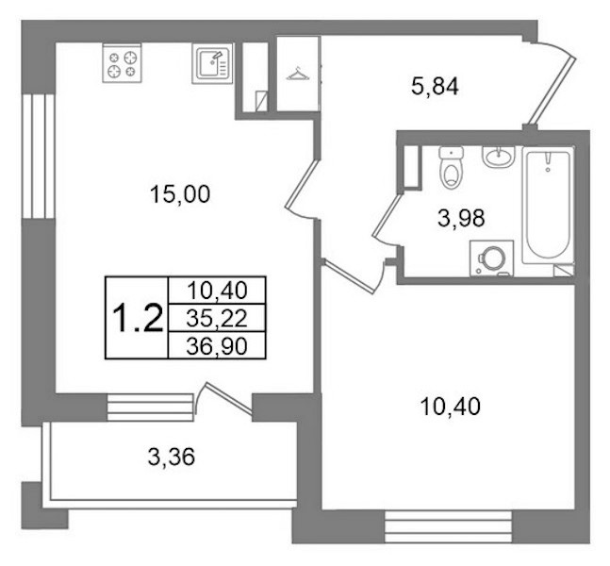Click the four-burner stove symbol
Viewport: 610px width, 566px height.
pyautogui.click(x=122, y=62)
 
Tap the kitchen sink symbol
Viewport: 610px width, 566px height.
pyautogui.click(x=212, y=63)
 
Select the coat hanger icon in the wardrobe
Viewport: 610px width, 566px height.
pyautogui.click(x=298, y=74)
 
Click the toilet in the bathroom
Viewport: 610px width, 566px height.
pyautogui.click(x=452, y=167)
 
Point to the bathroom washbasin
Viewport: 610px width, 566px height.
pyautogui.click(x=499, y=157)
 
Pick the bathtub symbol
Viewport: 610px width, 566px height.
pyautogui.click(x=548, y=206)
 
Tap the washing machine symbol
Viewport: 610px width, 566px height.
pyautogui.click(x=492, y=258)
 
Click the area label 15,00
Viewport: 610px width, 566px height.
pyautogui.click(x=180, y=194)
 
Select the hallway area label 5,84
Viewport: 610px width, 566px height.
pyautogui.click(x=435, y=87)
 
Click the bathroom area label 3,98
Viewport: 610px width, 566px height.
pyautogui.click(x=461, y=218)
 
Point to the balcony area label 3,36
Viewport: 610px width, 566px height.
pyautogui.click(x=172, y=457)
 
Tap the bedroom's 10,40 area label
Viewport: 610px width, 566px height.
pyautogui.click(x=451, y=407)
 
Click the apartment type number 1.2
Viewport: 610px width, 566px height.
pyautogui.click(x=137, y=318)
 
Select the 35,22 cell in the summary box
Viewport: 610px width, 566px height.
pyautogui.click(x=217, y=319)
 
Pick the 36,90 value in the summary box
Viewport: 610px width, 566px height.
pyautogui.click(x=217, y=345)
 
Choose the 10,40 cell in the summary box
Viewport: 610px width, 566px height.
pyautogui.click(x=217, y=291)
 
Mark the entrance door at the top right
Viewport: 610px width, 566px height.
pyautogui.click(x=550, y=92)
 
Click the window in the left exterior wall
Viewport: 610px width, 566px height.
pyautogui.click(x=38, y=156)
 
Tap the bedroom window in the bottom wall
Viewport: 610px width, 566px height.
pyautogui.click(x=448, y=526)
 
